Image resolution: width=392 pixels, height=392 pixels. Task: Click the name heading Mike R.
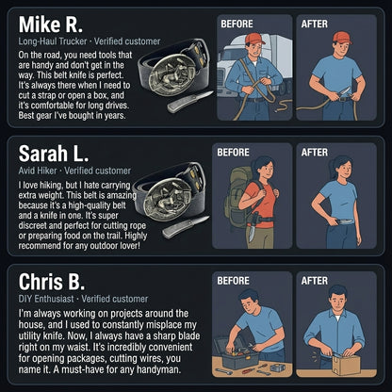[x=51, y=24]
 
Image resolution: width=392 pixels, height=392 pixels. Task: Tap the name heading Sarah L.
[x=54, y=154]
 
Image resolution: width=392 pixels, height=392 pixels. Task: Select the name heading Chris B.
[x=52, y=282]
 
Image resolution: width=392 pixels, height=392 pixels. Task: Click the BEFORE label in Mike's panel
[x=237, y=24]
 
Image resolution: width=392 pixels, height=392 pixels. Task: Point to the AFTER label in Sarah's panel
[x=315, y=153]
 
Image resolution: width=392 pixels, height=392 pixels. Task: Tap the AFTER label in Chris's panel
[x=315, y=281]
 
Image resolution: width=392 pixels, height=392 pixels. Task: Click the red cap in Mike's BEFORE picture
[x=254, y=39]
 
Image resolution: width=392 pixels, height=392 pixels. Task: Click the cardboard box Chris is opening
[x=346, y=365]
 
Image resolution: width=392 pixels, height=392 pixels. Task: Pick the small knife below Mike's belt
[x=189, y=102]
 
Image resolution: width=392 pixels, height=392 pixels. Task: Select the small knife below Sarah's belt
[x=186, y=227]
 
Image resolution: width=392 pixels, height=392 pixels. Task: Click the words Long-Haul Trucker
[x=53, y=41]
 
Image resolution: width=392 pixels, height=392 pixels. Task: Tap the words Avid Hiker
[x=38, y=171]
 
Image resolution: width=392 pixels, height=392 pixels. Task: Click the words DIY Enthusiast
[x=46, y=299]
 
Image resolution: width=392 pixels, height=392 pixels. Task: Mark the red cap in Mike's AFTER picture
[x=342, y=38]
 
